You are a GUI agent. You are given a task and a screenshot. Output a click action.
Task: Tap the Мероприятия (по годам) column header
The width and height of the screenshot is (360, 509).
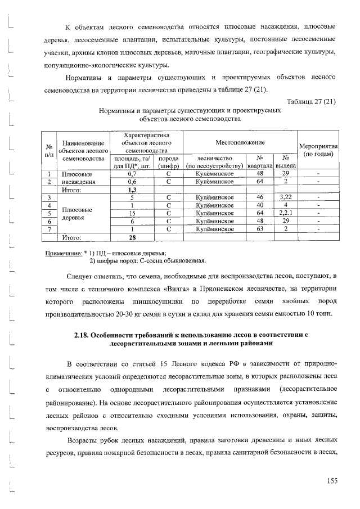click(318, 149)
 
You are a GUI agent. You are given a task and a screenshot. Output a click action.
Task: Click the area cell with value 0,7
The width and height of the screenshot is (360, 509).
click(133, 174)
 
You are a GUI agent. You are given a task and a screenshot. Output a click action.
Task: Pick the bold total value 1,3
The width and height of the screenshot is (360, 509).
click(133, 190)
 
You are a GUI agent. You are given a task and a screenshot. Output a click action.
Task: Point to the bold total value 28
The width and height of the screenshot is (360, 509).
click(133, 237)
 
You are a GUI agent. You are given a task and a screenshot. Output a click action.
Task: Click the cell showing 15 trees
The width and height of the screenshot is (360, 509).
click(133, 213)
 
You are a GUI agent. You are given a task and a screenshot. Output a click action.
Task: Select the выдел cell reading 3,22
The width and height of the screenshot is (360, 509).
click(286, 197)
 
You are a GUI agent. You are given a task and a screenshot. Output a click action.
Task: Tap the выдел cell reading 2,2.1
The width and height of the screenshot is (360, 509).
click(286, 213)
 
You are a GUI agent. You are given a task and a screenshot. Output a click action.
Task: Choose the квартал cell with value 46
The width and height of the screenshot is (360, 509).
click(260, 197)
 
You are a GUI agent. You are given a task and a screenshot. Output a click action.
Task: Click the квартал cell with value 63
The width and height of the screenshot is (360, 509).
click(260, 229)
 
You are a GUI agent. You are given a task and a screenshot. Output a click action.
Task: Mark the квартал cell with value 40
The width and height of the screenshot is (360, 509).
click(260, 205)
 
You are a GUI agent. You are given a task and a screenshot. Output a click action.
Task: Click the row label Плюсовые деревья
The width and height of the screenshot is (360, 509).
click(77, 213)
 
